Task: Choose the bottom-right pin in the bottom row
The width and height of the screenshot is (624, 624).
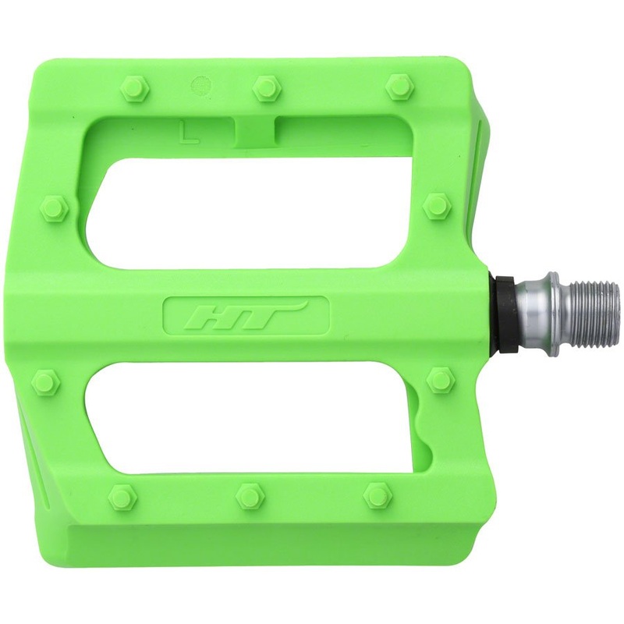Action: [377, 495]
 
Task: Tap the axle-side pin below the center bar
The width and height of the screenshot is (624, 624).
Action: [440, 381]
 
